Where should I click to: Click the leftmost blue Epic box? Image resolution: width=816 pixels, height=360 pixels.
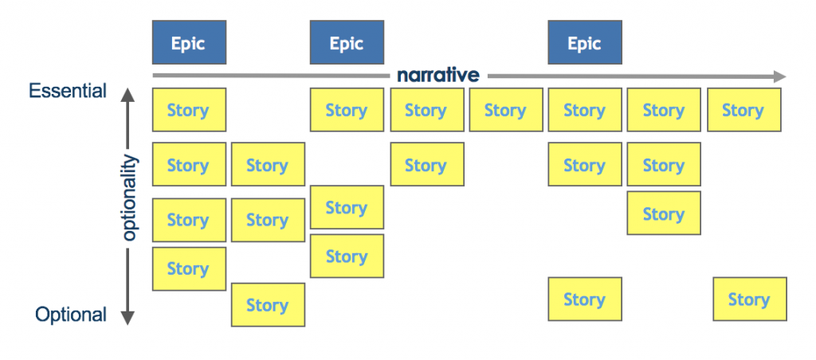[189, 42]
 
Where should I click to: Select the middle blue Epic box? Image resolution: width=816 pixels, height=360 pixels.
[347, 42]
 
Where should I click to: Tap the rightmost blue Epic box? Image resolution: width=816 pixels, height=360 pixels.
[584, 42]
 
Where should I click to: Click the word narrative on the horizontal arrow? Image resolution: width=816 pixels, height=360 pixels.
[437, 76]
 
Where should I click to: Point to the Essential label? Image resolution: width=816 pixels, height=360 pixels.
[68, 91]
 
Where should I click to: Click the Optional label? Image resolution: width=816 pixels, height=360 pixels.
[71, 315]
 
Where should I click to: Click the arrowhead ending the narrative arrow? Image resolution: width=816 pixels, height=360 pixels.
[778, 76]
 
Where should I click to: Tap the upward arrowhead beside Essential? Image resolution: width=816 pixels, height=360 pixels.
[128, 96]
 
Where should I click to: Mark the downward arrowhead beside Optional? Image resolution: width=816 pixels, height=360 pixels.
[128, 317]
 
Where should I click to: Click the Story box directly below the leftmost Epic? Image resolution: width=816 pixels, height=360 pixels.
[189, 110]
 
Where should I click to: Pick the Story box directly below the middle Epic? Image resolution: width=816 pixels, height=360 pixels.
[347, 110]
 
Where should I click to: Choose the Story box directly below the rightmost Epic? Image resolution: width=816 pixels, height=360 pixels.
[584, 110]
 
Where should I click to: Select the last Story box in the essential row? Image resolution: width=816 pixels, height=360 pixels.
[743, 110]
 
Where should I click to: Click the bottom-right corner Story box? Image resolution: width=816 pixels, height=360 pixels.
[749, 299]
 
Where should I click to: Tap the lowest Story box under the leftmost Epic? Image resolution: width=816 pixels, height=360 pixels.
[189, 269]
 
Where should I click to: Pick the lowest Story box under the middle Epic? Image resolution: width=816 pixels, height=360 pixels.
[347, 256]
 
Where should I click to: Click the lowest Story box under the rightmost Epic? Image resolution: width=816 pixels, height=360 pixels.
[584, 299]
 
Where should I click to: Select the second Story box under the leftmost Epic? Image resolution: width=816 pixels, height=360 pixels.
[189, 164]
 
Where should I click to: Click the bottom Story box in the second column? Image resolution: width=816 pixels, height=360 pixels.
[268, 305]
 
